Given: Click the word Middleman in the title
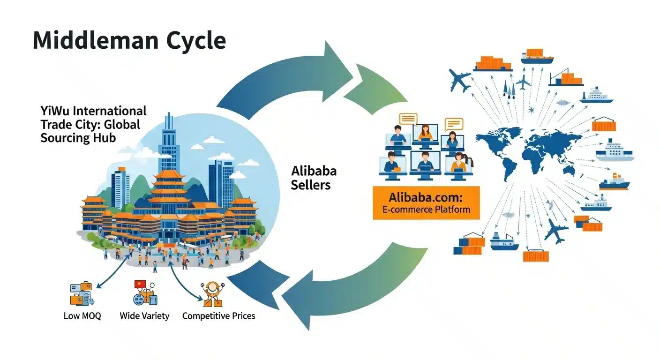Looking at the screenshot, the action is [x=96, y=40].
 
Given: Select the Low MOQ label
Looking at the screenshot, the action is [x=82, y=316].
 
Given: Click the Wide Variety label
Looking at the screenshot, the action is [x=144, y=316].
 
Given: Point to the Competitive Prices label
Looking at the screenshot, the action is [x=218, y=316].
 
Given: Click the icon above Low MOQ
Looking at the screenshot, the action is [x=82, y=294].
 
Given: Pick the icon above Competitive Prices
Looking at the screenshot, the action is [x=212, y=294].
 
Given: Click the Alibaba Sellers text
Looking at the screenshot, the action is [x=314, y=178].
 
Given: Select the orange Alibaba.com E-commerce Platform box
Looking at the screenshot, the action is [x=426, y=203].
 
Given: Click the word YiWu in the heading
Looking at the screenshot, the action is [x=55, y=111].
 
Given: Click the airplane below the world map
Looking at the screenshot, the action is [x=555, y=231].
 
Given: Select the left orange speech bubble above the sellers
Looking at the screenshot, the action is [x=408, y=119].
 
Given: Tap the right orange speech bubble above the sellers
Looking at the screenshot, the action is [x=454, y=124].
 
